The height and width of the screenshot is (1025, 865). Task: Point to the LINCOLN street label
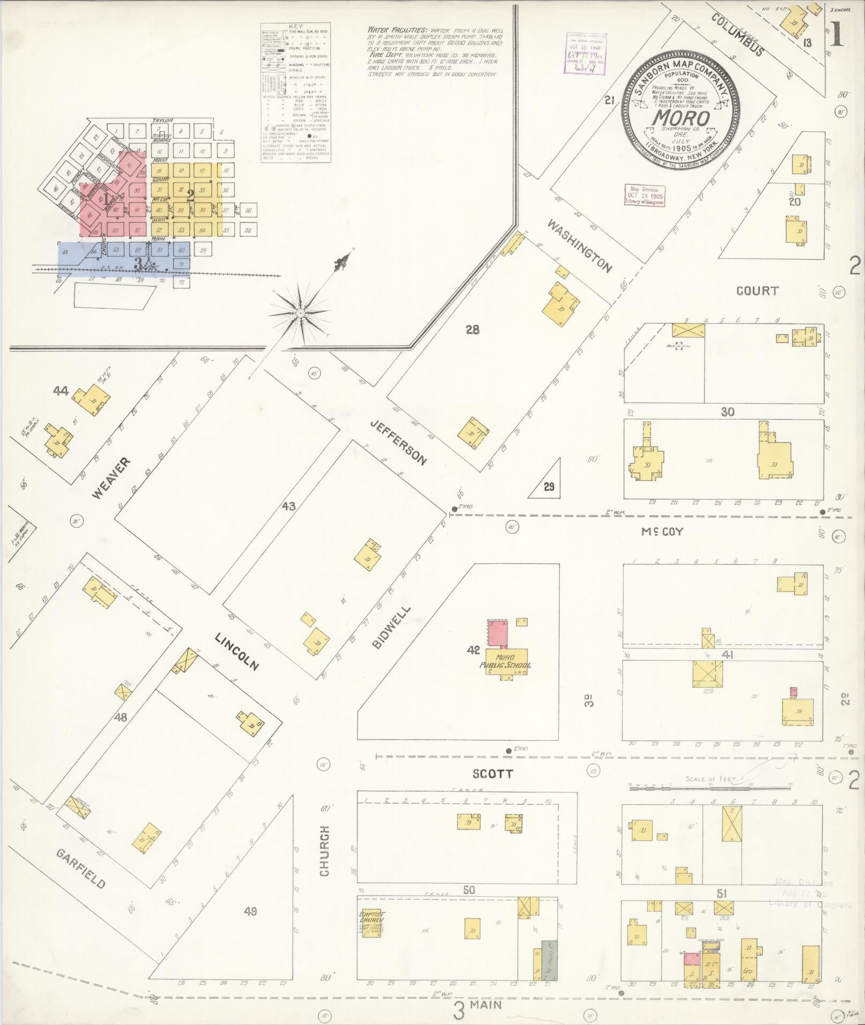tap(236, 651)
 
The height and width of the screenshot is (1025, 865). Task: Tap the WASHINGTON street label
tap(579, 245)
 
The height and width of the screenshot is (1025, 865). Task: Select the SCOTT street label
tap(492, 774)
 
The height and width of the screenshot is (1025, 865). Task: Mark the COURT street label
tap(757, 291)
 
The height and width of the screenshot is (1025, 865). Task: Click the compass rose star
tap(300, 313)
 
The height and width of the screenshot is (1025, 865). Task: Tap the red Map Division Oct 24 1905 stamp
tap(645, 196)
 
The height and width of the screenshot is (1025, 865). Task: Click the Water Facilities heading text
tap(397, 30)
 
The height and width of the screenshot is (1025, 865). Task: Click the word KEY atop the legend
tap(295, 26)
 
